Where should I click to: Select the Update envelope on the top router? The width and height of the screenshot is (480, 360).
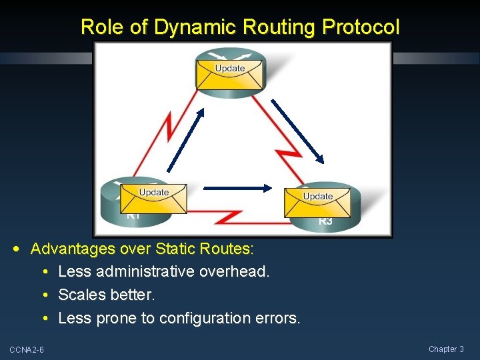pyautogui.click(x=230, y=74)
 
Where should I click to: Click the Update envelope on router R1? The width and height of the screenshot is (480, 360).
pyautogui.click(x=154, y=198)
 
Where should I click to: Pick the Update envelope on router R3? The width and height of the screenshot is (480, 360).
pyautogui.click(x=318, y=202)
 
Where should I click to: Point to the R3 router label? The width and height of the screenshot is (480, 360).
pyautogui.click(x=325, y=221)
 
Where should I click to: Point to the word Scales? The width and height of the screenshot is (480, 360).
pyautogui.click(x=82, y=295)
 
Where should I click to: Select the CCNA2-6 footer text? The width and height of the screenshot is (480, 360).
pyautogui.click(x=27, y=350)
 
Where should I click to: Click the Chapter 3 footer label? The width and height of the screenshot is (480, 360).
pyautogui.click(x=446, y=349)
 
